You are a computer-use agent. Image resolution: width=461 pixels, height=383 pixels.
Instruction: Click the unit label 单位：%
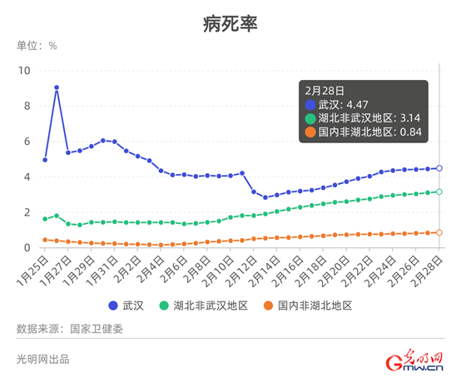pos(37,46)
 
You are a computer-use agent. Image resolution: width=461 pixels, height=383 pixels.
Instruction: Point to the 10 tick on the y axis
pos(24,71)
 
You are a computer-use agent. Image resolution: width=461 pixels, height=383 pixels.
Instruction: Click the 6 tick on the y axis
pos(27,142)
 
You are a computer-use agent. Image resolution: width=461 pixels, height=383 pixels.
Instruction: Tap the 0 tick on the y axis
pos(27,247)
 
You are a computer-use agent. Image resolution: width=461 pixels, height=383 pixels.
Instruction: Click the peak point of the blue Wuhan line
pos(57,87)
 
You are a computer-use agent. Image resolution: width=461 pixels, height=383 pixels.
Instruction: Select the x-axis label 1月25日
pos(32,271)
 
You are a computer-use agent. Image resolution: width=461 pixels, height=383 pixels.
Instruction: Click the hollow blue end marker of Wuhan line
pos(439,168)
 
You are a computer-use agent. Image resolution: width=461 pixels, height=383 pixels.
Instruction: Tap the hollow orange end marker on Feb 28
pos(439,232)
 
